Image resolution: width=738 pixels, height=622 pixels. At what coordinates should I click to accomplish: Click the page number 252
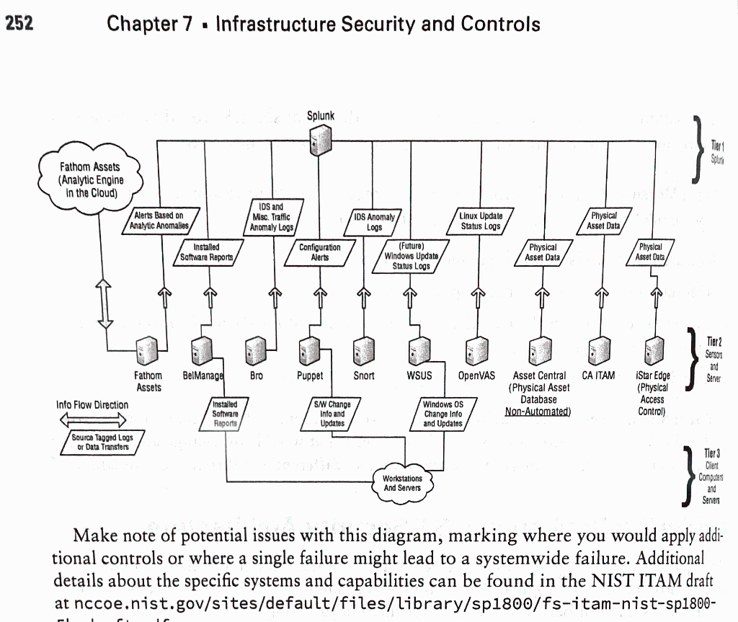pyautogui.click(x=19, y=24)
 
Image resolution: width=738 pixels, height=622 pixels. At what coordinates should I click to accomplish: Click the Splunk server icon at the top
pyautogui.click(x=319, y=139)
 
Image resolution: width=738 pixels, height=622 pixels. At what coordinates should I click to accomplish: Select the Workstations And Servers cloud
pyautogui.click(x=402, y=483)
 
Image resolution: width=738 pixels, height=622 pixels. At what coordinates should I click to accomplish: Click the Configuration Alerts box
pyautogui.click(x=319, y=252)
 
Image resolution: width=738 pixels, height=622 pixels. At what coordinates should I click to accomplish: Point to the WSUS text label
pyautogui.click(x=419, y=376)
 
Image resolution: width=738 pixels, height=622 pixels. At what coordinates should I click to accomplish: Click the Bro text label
pyautogui.click(x=256, y=376)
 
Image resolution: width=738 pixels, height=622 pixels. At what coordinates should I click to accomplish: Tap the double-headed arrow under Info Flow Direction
pyautogui.click(x=92, y=419)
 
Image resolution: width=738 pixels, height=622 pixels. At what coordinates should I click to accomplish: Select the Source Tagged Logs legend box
pyautogui.click(x=102, y=442)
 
